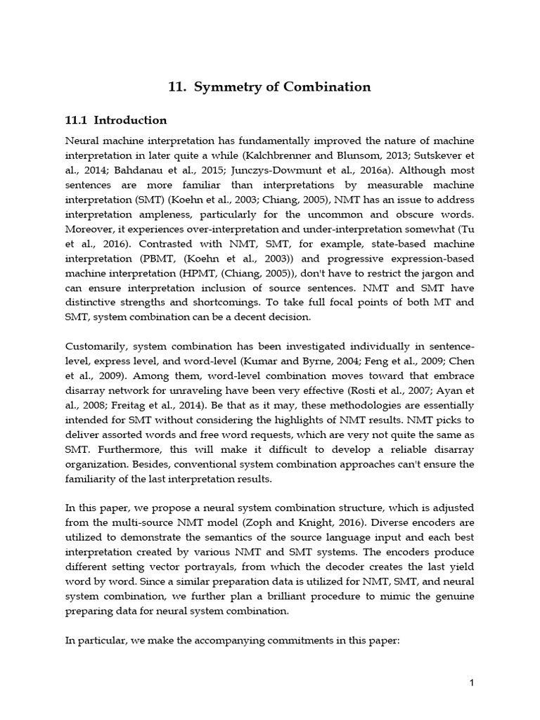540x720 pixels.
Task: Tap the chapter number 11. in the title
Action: [177, 87]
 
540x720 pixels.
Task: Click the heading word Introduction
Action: [131, 120]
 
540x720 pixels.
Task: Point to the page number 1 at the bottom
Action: [472, 683]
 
